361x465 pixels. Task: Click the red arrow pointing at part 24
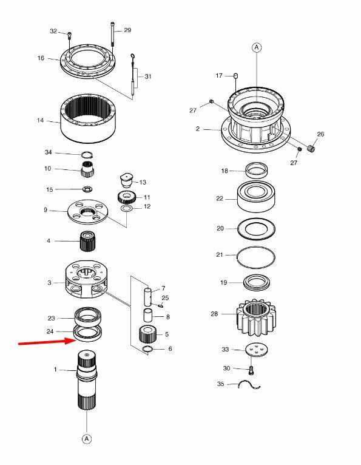(47, 342)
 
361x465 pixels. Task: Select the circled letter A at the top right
(257, 47)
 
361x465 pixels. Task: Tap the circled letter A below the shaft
(87, 438)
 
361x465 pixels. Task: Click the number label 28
(214, 314)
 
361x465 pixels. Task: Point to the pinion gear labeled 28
(256, 317)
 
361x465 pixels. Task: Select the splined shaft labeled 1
(87, 380)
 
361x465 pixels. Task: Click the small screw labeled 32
(70, 35)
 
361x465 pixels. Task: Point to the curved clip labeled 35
(249, 385)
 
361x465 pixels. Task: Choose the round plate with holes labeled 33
(257, 350)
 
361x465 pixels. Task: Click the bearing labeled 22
(257, 196)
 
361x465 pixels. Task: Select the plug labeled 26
(311, 148)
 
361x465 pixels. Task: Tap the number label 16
(41, 58)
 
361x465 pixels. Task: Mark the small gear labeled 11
(126, 197)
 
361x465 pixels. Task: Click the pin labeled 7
(148, 296)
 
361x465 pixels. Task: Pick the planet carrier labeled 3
(87, 279)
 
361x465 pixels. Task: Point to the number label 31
(148, 76)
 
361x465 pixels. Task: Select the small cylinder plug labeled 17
(236, 76)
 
